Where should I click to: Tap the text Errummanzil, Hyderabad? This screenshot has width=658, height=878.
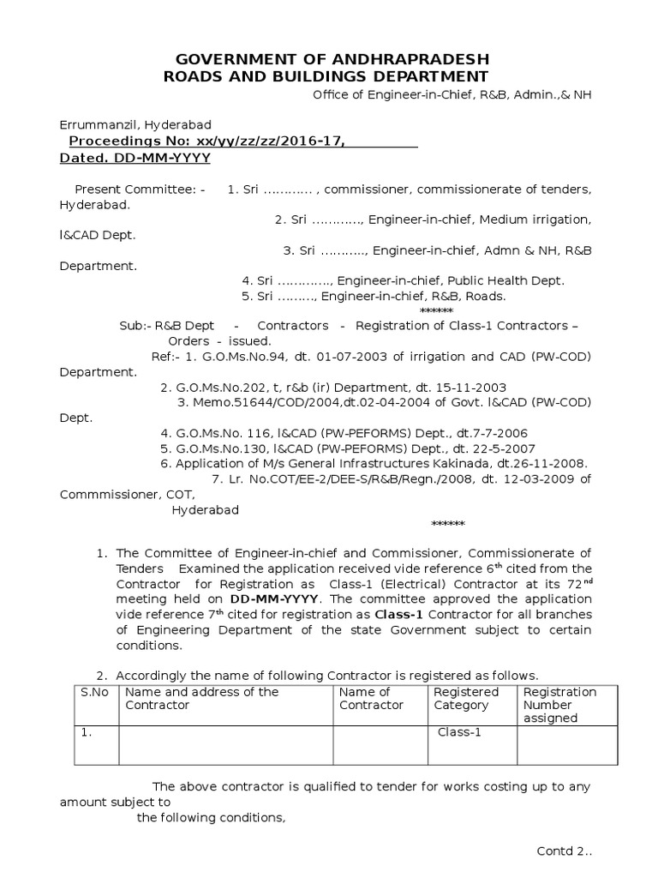point(135,125)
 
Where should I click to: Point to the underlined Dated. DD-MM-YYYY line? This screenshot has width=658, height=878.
point(135,159)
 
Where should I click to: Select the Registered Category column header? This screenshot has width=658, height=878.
point(466,698)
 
